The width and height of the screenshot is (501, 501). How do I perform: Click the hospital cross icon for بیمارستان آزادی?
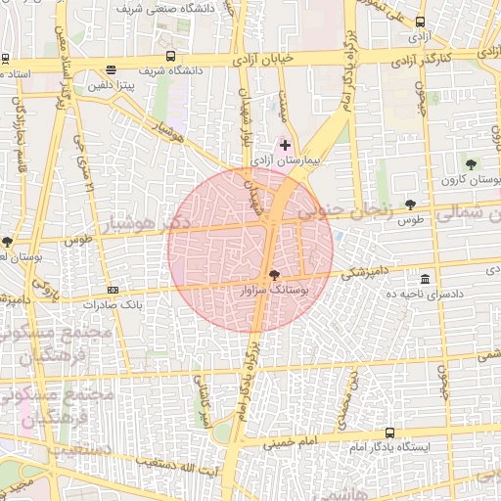[285, 145]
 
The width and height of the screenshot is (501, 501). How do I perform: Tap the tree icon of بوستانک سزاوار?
[273, 277]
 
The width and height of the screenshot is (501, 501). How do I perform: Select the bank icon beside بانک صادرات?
[113, 291]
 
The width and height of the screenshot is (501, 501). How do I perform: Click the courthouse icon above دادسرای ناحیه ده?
[424, 280]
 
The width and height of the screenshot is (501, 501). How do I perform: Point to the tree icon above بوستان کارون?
[472, 164]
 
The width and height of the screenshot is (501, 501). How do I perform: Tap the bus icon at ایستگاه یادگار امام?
[390, 433]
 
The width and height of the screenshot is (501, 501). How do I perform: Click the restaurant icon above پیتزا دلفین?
[111, 70]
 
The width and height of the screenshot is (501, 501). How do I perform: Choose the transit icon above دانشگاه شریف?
[171, 57]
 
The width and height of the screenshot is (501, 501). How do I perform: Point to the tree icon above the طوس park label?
[409, 205]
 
